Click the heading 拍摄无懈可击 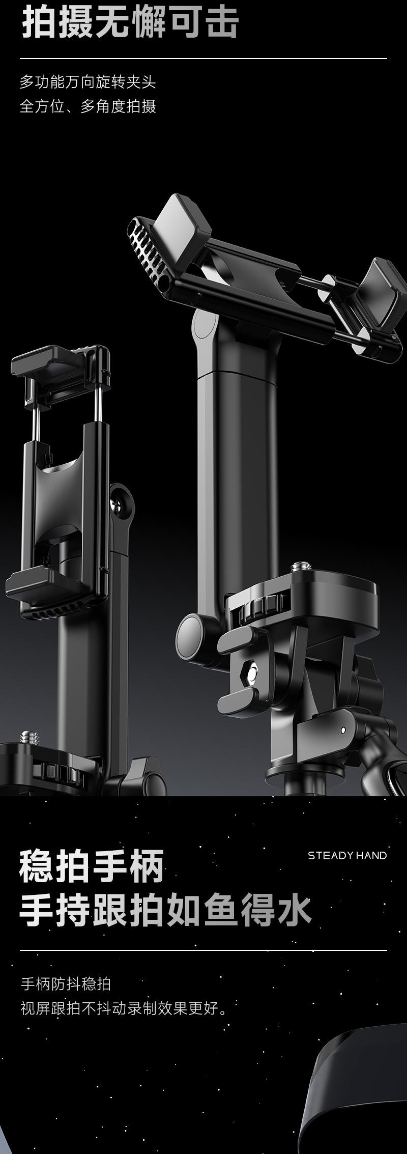click(130, 22)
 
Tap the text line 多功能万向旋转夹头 click(88, 81)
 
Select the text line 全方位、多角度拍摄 click(88, 106)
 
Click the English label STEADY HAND click(347, 856)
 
